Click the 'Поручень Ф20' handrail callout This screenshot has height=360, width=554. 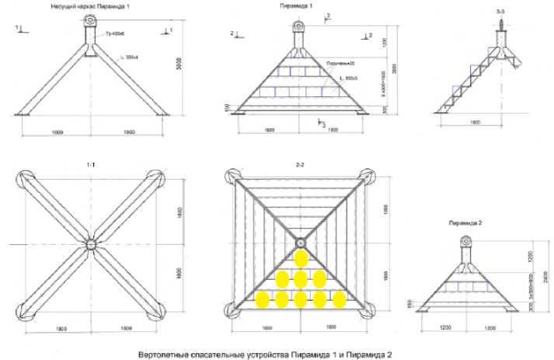point(342,65)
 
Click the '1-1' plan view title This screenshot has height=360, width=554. point(91,166)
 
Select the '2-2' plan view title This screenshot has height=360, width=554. point(301,166)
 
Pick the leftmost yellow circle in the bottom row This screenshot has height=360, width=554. point(263,299)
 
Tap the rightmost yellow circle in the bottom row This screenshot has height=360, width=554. point(338,299)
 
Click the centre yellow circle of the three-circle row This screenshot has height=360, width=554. point(301,278)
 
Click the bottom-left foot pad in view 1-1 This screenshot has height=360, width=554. point(26,308)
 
